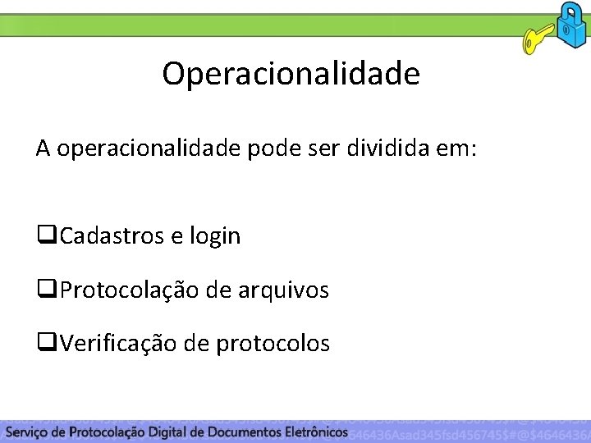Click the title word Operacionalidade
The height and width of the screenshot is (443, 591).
[x=291, y=74]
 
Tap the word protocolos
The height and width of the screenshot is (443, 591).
[x=273, y=344]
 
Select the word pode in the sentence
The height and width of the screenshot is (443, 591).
[x=268, y=150]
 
